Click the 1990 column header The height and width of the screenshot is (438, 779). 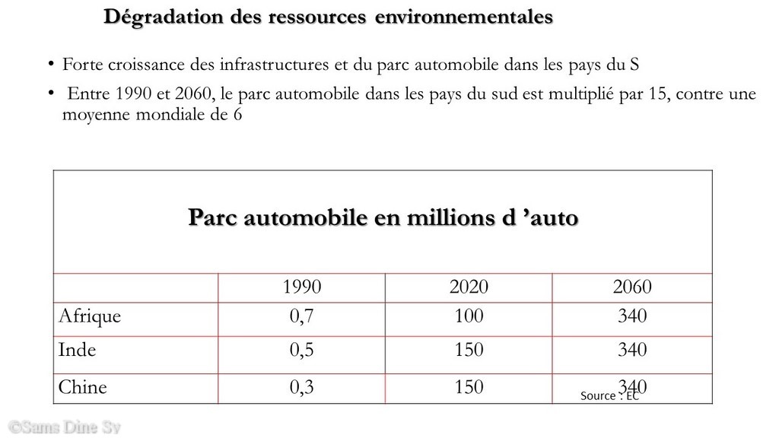(301, 287)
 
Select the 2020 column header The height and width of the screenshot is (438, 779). (469, 287)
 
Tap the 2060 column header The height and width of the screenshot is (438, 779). (632, 287)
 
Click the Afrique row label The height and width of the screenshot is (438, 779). (90, 316)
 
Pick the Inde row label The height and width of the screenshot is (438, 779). (77, 350)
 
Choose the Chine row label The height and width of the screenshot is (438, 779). (82, 387)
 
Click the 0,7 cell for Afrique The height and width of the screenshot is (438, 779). (301, 316)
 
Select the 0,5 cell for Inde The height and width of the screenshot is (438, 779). (301, 350)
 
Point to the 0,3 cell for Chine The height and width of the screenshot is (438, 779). (301, 387)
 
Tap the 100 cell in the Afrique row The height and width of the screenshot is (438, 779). (469, 316)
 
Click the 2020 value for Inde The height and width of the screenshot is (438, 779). (469, 350)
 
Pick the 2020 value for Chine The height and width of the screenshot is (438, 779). (469, 387)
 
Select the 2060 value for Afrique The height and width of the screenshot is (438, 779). (632, 316)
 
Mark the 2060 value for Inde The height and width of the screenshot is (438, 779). (632, 350)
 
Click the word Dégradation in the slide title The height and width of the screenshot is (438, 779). (164, 17)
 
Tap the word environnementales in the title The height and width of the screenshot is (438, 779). (463, 17)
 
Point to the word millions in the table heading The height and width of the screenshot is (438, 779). (451, 217)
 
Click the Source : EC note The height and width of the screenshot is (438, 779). (609, 395)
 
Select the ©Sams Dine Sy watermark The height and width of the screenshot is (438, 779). (65, 427)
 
